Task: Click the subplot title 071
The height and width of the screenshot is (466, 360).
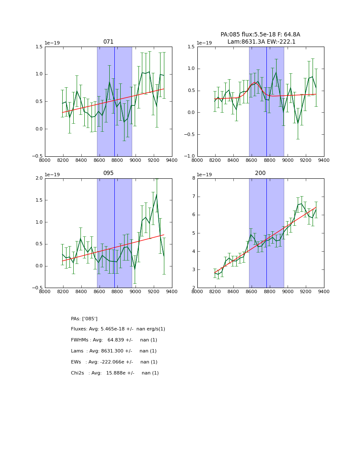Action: [x=108, y=42]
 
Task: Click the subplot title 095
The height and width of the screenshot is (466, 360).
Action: [x=108, y=173]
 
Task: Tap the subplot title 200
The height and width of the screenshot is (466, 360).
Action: [x=260, y=173]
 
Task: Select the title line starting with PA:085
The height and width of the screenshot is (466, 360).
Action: [x=260, y=35]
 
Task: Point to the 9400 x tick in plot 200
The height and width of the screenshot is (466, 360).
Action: [x=324, y=291]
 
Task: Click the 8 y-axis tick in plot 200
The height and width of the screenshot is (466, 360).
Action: [x=194, y=178]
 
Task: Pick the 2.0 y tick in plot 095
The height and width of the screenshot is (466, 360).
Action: [x=39, y=178]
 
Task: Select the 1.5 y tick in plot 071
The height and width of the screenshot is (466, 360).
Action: [x=39, y=47]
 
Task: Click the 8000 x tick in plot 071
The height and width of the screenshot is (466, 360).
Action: [x=45, y=160]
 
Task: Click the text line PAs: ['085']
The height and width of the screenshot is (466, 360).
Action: [x=84, y=319]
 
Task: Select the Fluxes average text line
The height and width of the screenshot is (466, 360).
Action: [x=118, y=329]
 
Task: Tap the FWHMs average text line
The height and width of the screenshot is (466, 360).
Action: [x=114, y=340]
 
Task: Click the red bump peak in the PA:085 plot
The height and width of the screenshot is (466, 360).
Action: [x=255, y=83]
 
